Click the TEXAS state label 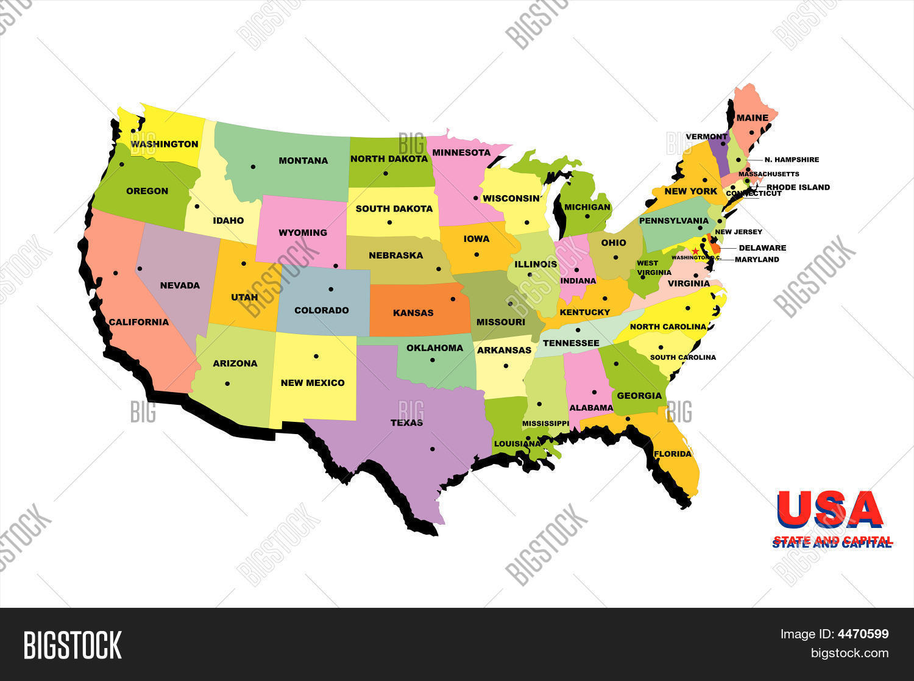pyautogui.click(x=406, y=423)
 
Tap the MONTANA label pyautogui.click(x=303, y=161)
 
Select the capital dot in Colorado pyautogui.click(x=331, y=289)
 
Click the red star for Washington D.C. pyautogui.click(x=695, y=251)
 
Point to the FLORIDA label pyautogui.click(x=673, y=454)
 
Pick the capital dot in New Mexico pyautogui.click(x=316, y=356)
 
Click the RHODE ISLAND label pyautogui.click(x=798, y=187)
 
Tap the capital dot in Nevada pyautogui.click(x=140, y=268)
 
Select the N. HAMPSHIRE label pyautogui.click(x=792, y=160)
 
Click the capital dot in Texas pyautogui.click(x=432, y=449)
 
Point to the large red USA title pyautogui.click(x=830, y=510)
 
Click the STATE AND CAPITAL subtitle pyautogui.click(x=832, y=542)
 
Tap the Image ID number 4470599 pyautogui.click(x=863, y=634)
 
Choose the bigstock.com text pyautogui.click(x=849, y=653)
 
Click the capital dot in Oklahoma pyautogui.click(x=432, y=360)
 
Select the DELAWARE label pyautogui.click(x=762, y=248)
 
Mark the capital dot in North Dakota pyautogui.click(x=385, y=173)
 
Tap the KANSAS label pyautogui.click(x=413, y=313)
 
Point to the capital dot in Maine pyautogui.click(x=752, y=132)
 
